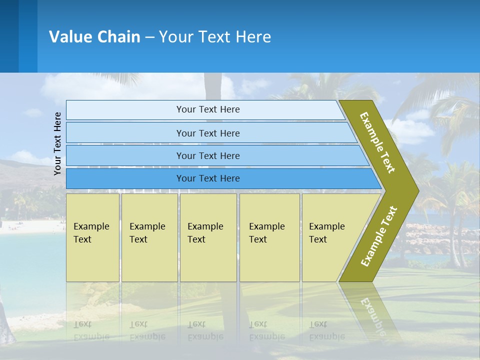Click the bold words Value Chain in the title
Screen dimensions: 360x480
point(94,37)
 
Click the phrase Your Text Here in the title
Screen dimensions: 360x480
point(215,37)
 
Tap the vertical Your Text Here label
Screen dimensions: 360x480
point(57,144)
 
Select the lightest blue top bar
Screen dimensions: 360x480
point(207,109)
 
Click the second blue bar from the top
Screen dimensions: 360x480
point(207,133)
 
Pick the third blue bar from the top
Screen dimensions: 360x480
point(207,155)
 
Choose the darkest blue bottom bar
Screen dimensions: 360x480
point(207,178)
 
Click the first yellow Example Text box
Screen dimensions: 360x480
point(92,237)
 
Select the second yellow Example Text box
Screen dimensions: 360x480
point(149,237)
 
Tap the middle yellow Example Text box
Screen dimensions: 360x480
point(208,237)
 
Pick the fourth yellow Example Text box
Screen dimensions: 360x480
point(269,237)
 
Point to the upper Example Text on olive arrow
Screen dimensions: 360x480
point(377,142)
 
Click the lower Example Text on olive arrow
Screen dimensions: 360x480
point(379,236)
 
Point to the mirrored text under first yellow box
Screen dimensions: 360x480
point(91,330)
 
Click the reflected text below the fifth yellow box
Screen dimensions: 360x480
point(326,330)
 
